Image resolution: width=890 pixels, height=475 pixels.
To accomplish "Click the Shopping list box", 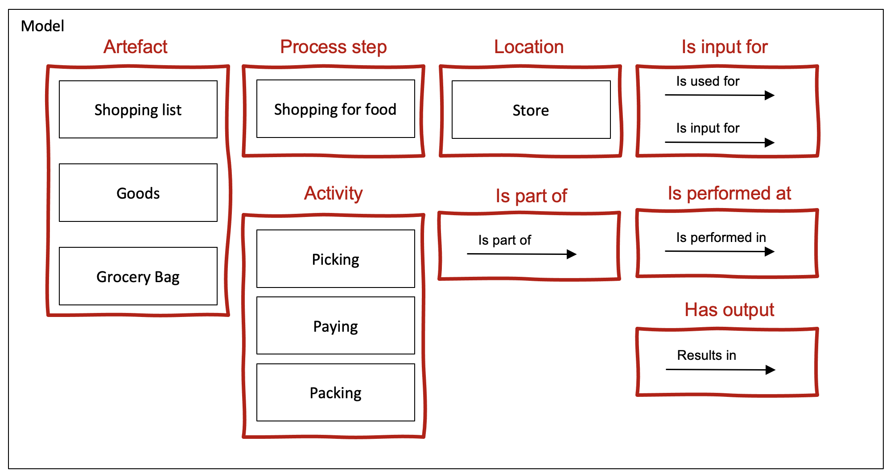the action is click(x=138, y=109).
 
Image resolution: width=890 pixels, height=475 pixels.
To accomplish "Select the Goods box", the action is click(x=138, y=193).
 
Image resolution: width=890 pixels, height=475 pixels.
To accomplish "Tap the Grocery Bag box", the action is click(x=138, y=276).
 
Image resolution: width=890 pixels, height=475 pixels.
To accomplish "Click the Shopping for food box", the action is click(x=336, y=109).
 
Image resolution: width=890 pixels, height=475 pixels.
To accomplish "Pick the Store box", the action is click(x=531, y=110).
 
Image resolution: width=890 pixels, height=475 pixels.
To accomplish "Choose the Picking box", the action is click(x=336, y=259).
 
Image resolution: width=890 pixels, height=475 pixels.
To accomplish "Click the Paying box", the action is click(x=336, y=326).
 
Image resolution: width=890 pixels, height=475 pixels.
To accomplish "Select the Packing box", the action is click(x=336, y=392).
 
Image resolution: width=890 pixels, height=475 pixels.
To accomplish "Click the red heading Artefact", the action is click(x=136, y=46).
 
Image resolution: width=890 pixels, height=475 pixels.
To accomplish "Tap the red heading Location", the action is click(x=529, y=46).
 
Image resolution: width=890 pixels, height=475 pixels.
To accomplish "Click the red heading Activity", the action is click(x=334, y=193).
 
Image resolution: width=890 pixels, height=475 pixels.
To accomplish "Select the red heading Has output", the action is click(x=729, y=310).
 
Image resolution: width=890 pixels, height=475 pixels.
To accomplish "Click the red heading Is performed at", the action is click(x=729, y=193).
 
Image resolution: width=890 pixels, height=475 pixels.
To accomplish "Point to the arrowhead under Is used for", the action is click(x=770, y=95).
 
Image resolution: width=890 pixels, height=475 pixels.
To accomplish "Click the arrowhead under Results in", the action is click(x=771, y=370).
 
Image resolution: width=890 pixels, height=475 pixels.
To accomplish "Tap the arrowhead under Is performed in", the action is click(x=770, y=252).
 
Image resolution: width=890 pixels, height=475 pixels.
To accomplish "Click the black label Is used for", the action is click(x=708, y=81).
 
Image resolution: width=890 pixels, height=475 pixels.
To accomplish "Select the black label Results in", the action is click(x=707, y=355).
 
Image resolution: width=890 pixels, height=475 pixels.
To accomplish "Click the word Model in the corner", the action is click(x=42, y=26).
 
